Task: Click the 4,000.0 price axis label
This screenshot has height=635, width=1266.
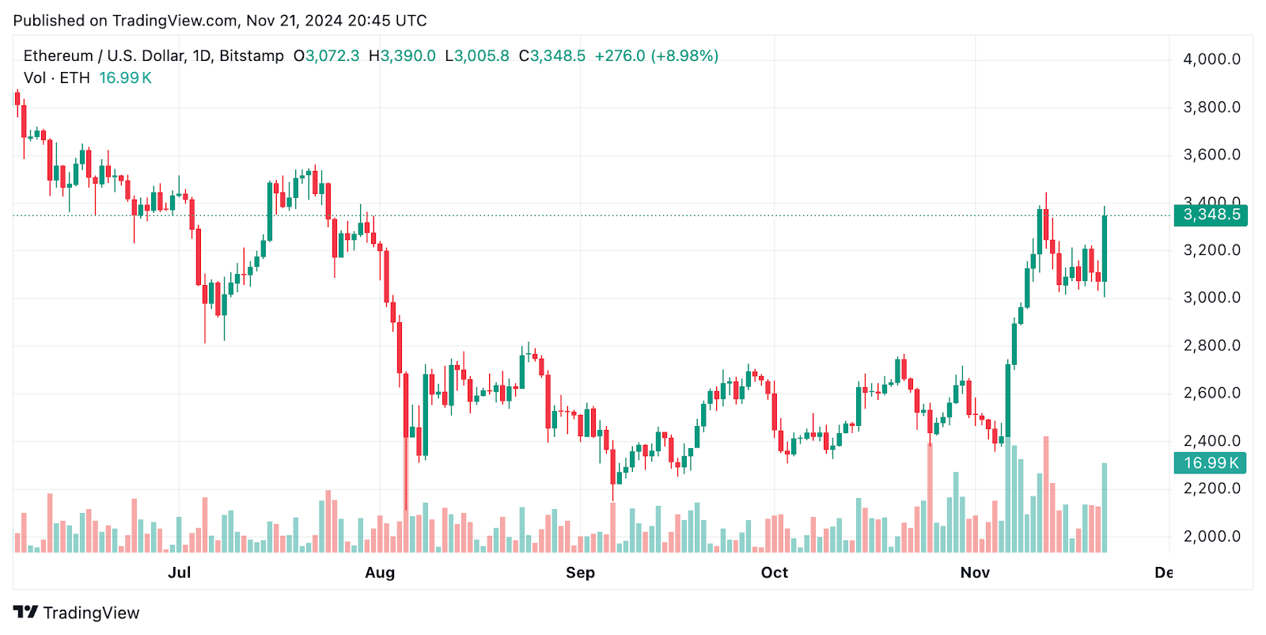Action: coord(1211,59)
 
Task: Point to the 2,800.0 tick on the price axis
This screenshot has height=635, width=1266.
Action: coord(1211,345)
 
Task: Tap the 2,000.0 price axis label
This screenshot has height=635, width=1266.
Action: coord(1211,536)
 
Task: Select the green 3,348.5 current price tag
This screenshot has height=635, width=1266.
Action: coord(1211,215)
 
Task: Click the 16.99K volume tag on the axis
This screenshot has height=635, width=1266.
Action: coord(1210,463)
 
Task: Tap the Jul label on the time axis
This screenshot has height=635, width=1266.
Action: coord(180,572)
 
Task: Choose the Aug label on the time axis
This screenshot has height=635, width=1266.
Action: coord(380,572)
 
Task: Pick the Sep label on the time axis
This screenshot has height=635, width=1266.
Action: coord(580,572)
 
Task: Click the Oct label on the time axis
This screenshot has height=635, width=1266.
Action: coord(775,572)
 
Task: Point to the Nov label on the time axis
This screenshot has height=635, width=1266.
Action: coord(975,572)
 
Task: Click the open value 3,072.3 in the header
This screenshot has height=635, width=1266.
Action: coord(332,56)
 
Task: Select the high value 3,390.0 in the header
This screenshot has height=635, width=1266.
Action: coord(408,56)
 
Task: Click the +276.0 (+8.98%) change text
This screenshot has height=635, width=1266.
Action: coord(656,56)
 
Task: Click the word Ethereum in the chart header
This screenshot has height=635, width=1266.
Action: coord(59,56)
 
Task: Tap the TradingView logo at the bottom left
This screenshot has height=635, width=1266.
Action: coord(77,613)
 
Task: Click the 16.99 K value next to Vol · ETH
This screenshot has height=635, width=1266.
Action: coord(125,78)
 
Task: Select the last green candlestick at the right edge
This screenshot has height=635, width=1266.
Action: coord(1105,249)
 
